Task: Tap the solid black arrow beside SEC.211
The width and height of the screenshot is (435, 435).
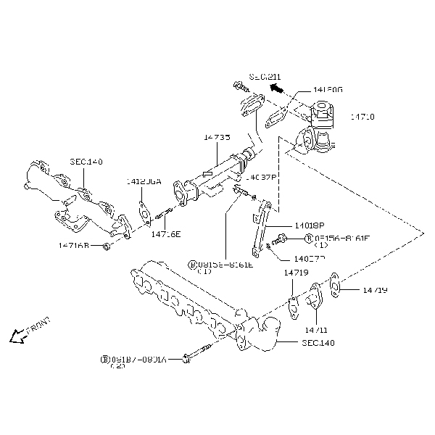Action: [275, 88]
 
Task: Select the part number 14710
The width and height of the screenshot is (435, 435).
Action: [362, 116]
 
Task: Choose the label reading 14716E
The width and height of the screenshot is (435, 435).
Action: [165, 234]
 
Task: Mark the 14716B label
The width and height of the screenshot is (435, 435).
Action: [74, 246]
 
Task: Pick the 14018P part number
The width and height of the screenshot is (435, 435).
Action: [310, 225]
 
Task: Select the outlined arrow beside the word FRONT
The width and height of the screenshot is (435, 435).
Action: [13, 335]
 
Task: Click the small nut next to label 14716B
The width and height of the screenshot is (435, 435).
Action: [106, 247]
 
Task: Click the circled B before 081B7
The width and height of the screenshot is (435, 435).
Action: [104, 359]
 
